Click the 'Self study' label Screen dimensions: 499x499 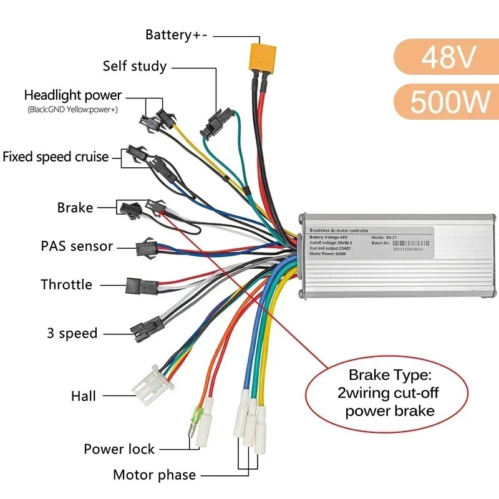coord(135,66)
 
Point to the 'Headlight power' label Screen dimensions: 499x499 coord(73,95)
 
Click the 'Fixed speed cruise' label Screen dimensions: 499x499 coord(56,157)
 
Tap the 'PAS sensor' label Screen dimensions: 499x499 coord(77,246)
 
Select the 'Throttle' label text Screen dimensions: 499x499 coord(66,284)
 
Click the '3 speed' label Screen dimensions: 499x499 coord(72,333)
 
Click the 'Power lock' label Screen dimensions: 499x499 coord(119,449)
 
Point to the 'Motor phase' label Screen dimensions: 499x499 coord(154,475)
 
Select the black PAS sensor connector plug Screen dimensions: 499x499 coord(146,247)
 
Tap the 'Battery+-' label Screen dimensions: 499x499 coord(177,35)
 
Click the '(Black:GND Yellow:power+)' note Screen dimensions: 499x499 coord(72,110)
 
